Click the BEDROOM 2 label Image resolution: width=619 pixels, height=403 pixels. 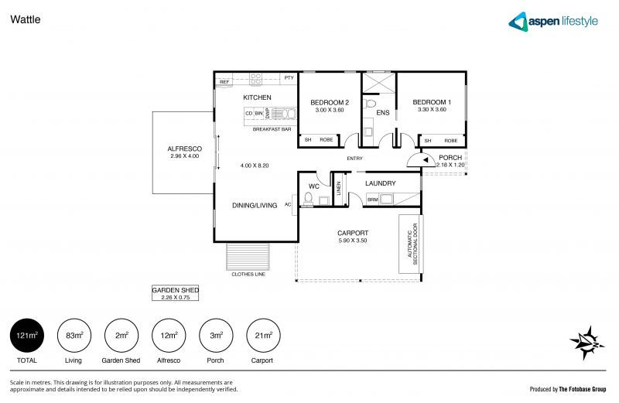(330, 102)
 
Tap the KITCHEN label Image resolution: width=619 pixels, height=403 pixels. (257, 97)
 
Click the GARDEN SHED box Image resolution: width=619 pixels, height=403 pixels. (176, 292)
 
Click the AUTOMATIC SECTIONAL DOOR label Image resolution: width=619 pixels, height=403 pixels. (408, 244)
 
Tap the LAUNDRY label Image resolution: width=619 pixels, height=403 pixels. (381, 183)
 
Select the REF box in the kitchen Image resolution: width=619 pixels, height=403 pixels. (224, 81)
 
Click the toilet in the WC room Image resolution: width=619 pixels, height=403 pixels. (308, 200)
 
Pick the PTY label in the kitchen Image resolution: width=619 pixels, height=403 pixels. (289, 78)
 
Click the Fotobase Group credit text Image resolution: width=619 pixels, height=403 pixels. (568, 389)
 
